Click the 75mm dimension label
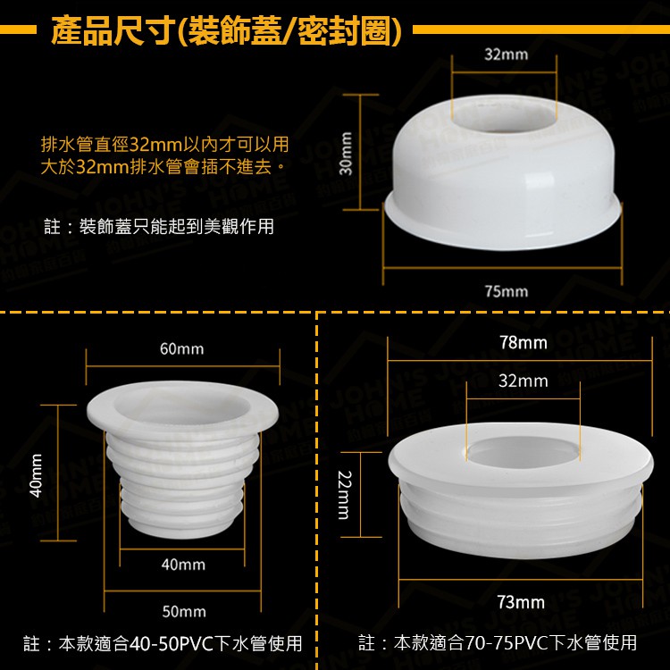507,291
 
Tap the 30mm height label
346,153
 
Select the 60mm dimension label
182,348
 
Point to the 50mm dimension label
184,611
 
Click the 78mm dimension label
523,342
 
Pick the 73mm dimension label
521,602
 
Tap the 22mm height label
345,494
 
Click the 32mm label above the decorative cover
507,54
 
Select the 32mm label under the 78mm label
523,381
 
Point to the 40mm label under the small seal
183,565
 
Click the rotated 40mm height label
37,475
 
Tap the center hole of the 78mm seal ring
523,452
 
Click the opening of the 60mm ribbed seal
181,406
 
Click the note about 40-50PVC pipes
163,643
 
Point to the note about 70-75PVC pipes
498,642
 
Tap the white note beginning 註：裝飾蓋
159,227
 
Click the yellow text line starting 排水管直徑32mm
165,145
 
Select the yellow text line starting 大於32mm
163,166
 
